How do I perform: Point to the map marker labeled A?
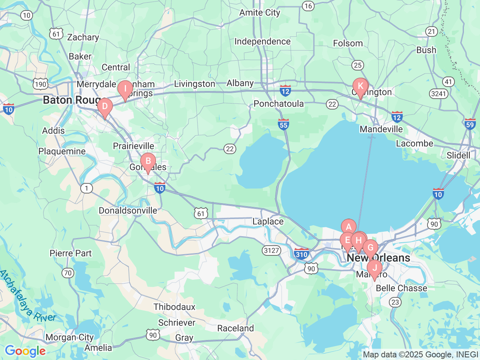pos(348,227)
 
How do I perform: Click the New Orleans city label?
pos(378,258)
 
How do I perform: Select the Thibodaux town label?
pos(174,307)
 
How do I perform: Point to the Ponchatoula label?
pos(279,104)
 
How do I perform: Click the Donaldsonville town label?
pos(128,210)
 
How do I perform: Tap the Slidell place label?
pos(458,155)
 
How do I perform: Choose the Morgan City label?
pos(69,337)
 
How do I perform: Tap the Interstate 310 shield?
pos(301,254)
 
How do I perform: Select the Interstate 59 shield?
pos(470,124)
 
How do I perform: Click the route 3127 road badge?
pos(271,250)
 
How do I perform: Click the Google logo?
pos(25,351)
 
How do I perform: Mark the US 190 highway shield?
pos(40,84)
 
